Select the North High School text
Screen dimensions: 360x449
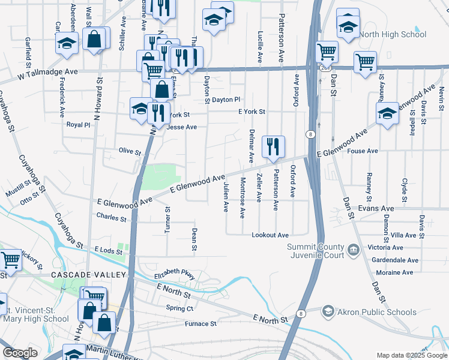(x=393, y=34)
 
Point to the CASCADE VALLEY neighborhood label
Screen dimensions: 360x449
(x=88, y=275)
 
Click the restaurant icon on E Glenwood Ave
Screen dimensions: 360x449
(x=273, y=146)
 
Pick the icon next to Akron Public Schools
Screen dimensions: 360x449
(x=328, y=311)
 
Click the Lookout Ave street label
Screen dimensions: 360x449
(x=270, y=235)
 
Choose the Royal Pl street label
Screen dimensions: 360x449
(x=78, y=125)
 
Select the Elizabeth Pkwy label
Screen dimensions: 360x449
(x=175, y=274)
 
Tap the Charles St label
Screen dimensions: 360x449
(x=112, y=217)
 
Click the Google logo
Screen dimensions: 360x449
(x=20, y=353)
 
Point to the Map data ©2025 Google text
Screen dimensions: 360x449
(x=412, y=355)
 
